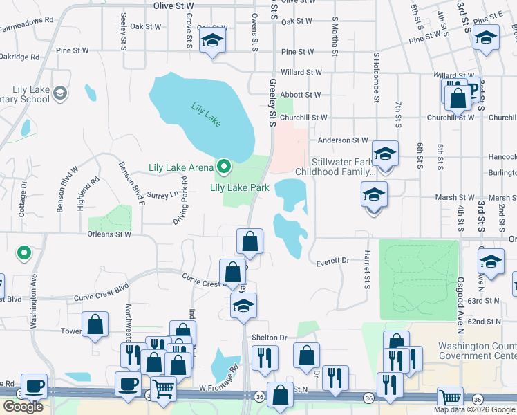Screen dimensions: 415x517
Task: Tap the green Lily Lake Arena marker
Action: point(224,167)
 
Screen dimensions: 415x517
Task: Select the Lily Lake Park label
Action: point(239,187)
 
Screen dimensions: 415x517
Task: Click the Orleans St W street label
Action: point(109,234)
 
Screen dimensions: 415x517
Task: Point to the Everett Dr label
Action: point(332,261)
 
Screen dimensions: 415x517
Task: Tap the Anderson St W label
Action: point(343,140)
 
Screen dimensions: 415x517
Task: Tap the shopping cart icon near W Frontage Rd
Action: point(163,389)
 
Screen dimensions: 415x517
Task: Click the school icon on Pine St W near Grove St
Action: point(211,41)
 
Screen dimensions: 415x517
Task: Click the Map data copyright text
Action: point(474,409)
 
